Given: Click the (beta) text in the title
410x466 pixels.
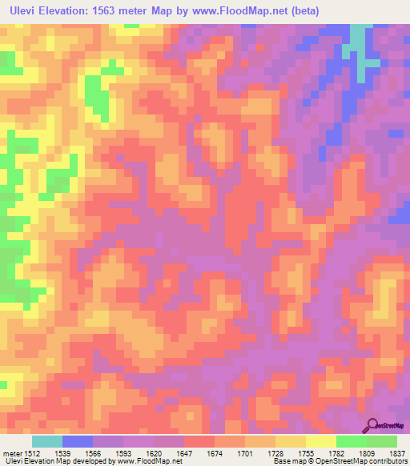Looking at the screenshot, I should tap(336, 10).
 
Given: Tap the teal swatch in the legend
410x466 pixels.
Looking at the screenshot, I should tap(47, 441).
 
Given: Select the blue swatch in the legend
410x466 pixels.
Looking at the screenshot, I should tap(78, 441).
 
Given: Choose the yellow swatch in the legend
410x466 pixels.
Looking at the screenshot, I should tap(320, 441).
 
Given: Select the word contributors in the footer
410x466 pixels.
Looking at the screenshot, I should tap(387, 461).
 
